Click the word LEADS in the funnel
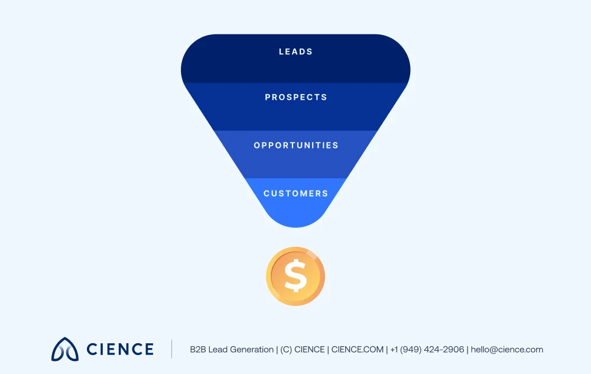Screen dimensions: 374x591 click(x=295, y=52)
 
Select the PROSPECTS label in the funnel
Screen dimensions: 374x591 click(x=295, y=98)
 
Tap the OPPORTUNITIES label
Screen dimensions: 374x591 click(x=295, y=146)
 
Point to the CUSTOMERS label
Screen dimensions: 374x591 click(x=295, y=194)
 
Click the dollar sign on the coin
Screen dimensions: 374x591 click(x=295, y=276)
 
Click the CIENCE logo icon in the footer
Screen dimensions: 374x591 click(x=65, y=349)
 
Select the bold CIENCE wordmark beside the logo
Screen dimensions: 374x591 click(x=120, y=349)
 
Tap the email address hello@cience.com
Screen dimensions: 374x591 click(x=506, y=350)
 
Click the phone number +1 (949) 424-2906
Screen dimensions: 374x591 click(x=427, y=350)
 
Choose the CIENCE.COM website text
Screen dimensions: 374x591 click(x=358, y=350)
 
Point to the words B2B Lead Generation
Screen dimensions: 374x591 click(x=232, y=350)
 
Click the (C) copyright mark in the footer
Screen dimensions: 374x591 click(x=286, y=350)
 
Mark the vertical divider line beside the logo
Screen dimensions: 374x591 click(x=172, y=349)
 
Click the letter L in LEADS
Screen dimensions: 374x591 click(x=281, y=52)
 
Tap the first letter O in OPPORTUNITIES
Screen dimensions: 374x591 click(x=257, y=146)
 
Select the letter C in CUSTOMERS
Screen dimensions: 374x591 click(x=267, y=194)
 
